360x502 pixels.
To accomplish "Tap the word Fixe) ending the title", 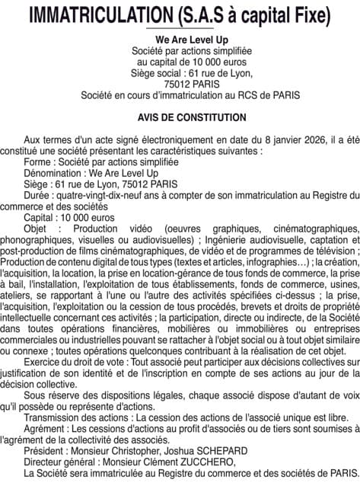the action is pyautogui.click(x=309, y=14).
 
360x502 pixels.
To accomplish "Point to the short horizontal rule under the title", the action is pyautogui.click(x=180, y=28).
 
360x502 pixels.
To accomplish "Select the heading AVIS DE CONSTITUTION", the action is pyautogui.click(x=180, y=118).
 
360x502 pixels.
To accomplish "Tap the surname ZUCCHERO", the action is pyautogui.click(x=199, y=461).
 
